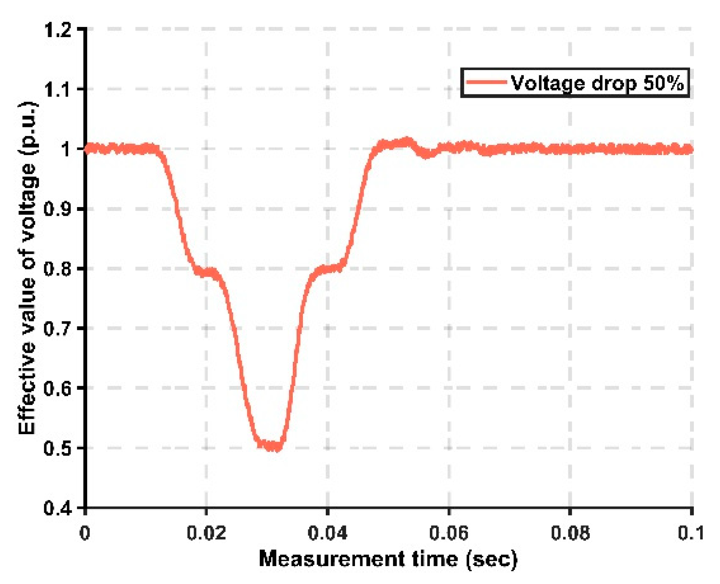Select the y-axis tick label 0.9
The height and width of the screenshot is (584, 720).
click(58, 209)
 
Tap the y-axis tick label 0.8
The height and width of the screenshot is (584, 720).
click(58, 269)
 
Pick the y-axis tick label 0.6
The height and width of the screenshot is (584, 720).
click(58, 388)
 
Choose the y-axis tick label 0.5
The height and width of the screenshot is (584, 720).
click(58, 448)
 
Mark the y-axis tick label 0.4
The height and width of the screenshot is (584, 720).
click(58, 508)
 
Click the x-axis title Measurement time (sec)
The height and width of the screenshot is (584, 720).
click(388, 559)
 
